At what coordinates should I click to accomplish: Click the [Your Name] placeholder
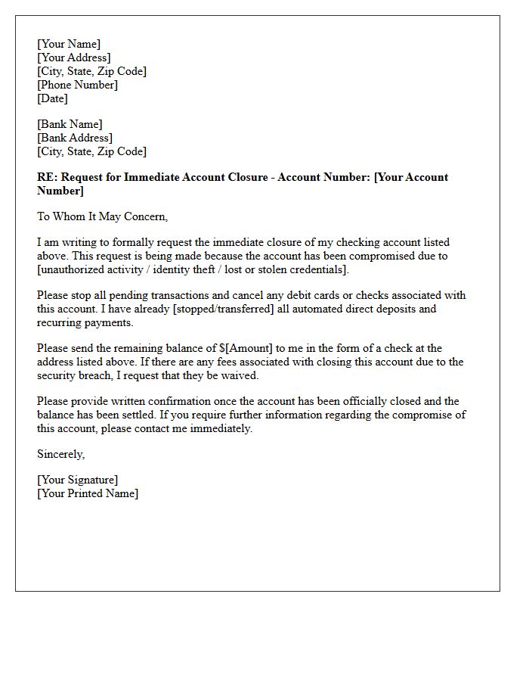pyautogui.click(x=69, y=44)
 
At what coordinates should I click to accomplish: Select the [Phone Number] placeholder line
pyautogui.click(x=77, y=85)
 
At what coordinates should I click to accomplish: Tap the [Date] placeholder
pyautogui.click(x=52, y=98)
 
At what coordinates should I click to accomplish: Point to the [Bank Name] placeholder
pyautogui.click(x=70, y=124)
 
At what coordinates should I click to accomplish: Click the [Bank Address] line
pyautogui.click(x=75, y=138)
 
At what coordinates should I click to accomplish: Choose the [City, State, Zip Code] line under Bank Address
pyautogui.click(x=91, y=151)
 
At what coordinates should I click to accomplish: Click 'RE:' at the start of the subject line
pyautogui.click(x=47, y=177)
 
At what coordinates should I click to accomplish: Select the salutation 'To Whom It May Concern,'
pyautogui.click(x=102, y=216)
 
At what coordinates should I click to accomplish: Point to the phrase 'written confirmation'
pyautogui.click(x=135, y=401)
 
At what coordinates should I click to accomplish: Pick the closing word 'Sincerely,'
pyautogui.click(x=61, y=454)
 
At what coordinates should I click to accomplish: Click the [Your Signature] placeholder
pyautogui.click(x=77, y=480)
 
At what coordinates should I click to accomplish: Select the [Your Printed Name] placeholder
pyautogui.click(x=88, y=493)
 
